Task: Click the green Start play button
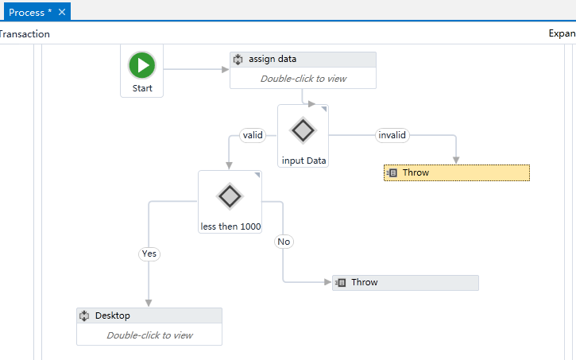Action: [x=141, y=65]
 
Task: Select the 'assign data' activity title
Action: [x=273, y=59]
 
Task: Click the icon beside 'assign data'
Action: [x=238, y=60]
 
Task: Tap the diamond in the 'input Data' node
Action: [x=303, y=130]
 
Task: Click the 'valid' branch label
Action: [x=253, y=135]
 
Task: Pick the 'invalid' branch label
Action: [x=392, y=135]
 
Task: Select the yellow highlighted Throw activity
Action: [x=457, y=172]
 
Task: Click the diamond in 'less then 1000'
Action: [x=230, y=196]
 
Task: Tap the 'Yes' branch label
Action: [x=149, y=254]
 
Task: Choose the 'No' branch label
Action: [x=284, y=242]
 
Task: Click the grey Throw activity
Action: [x=405, y=282]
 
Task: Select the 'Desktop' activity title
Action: [x=112, y=315]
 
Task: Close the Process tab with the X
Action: [x=62, y=12]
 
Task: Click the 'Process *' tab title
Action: [x=30, y=13]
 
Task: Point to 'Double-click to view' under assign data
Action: [x=303, y=79]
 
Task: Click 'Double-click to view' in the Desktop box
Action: [x=149, y=335]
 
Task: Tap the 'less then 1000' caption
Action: [x=230, y=226]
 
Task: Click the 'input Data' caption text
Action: [x=303, y=161]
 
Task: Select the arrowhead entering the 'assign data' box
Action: [x=226, y=69]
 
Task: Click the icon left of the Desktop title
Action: [x=84, y=315]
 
